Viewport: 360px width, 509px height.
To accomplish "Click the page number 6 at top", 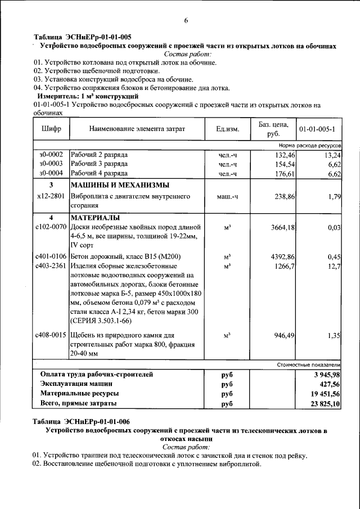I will pyautogui.click(x=186, y=21).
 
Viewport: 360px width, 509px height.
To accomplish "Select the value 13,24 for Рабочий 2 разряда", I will pyautogui.click(x=332, y=154).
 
